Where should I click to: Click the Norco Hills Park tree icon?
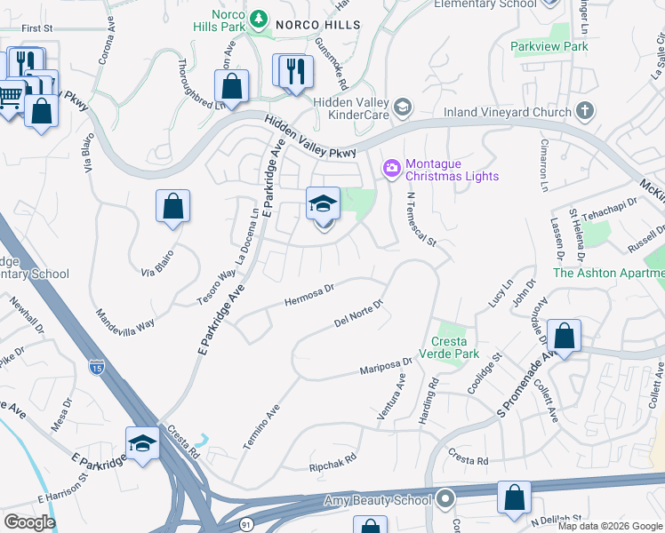[x=258, y=17]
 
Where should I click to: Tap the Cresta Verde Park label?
[x=455, y=347]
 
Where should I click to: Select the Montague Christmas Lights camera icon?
[x=391, y=167]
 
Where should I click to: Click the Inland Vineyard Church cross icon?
[x=584, y=111]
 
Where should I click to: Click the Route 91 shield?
[x=246, y=525]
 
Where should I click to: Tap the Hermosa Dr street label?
[x=308, y=292]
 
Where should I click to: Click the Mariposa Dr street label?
[x=386, y=365]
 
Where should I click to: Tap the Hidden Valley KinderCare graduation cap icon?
[x=403, y=108]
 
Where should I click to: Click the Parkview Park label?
[x=549, y=46]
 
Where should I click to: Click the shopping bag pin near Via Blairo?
[x=173, y=206]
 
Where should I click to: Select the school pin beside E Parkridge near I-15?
[x=142, y=443]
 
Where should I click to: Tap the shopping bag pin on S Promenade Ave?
[x=564, y=336]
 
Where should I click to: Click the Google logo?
[x=29, y=521]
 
